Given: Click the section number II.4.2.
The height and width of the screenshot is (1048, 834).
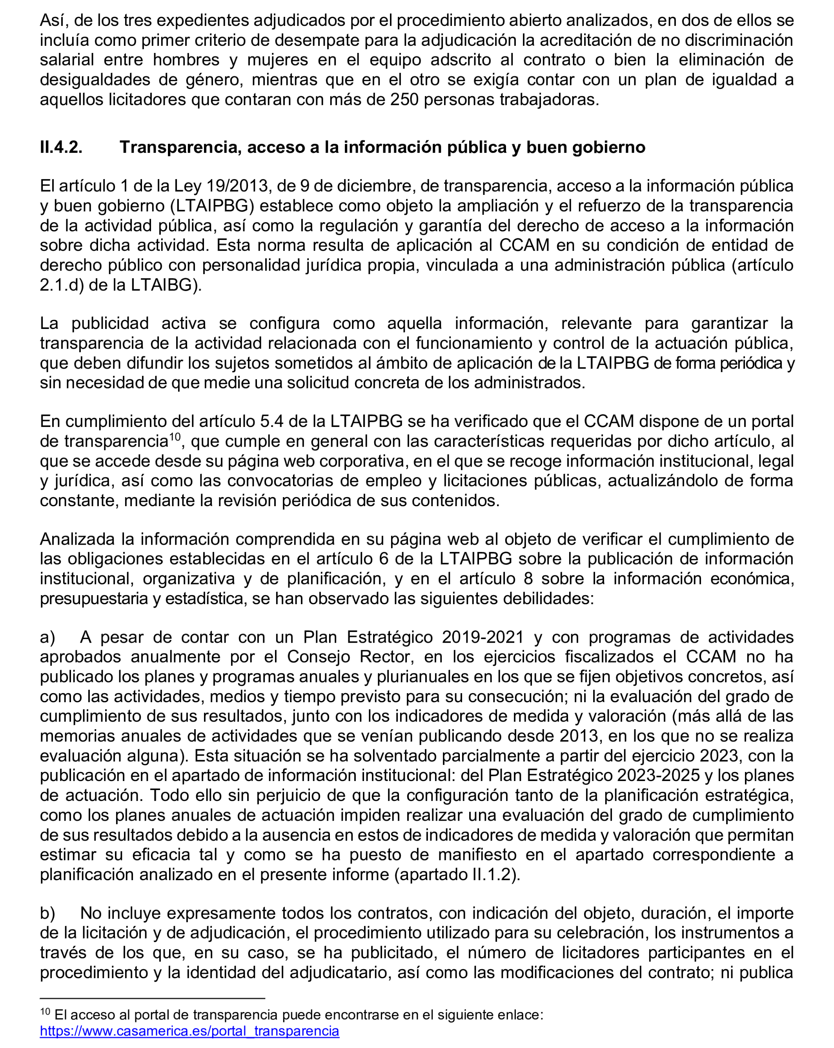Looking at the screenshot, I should (x=61, y=147).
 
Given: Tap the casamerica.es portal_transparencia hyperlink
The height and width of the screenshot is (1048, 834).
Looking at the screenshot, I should (x=189, y=1031).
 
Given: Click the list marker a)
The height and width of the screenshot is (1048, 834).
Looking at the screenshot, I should (x=47, y=637).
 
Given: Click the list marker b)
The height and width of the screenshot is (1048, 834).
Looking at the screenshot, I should (x=47, y=913).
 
